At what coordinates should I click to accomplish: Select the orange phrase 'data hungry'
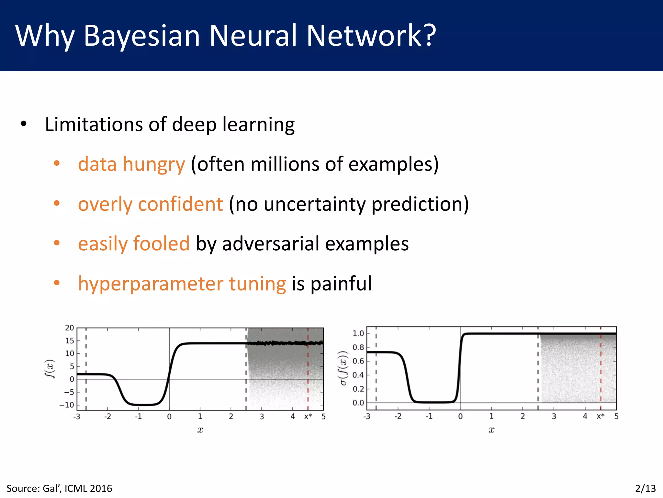click(x=131, y=164)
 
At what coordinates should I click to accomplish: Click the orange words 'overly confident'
click(x=150, y=204)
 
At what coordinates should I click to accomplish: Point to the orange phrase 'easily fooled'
click(x=134, y=243)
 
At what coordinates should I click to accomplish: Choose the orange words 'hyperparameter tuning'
click(x=182, y=284)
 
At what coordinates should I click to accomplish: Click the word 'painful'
click(x=341, y=284)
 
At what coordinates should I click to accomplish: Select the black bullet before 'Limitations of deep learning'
click(x=24, y=124)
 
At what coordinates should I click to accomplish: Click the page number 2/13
click(x=645, y=488)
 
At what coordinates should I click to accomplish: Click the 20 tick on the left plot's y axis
click(x=70, y=328)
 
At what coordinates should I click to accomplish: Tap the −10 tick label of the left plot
click(x=67, y=405)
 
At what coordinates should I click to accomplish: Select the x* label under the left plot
click(x=308, y=417)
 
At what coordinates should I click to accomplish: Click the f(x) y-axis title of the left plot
click(x=49, y=369)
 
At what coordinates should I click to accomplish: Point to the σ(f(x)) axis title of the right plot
click(x=343, y=368)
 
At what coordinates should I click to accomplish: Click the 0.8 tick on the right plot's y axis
click(x=358, y=347)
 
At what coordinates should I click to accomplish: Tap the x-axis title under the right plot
click(x=491, y=430)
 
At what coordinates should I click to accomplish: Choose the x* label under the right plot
click(x=601, y=416)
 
